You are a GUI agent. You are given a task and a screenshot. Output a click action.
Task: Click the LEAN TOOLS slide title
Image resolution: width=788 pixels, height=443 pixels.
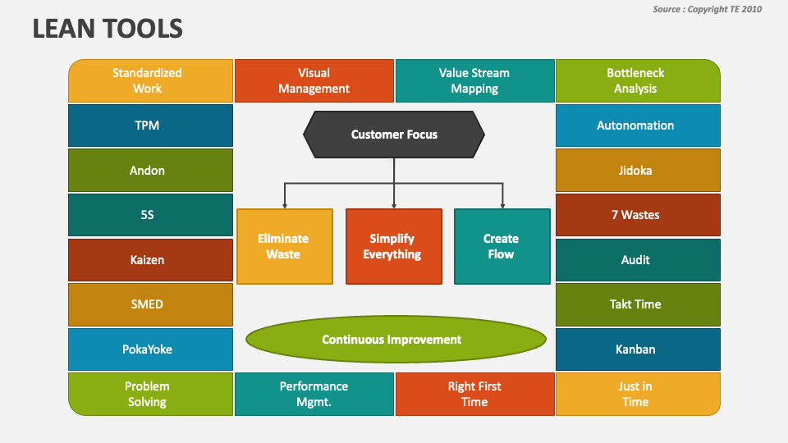108,29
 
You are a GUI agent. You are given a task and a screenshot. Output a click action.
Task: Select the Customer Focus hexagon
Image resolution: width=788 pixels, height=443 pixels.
394,135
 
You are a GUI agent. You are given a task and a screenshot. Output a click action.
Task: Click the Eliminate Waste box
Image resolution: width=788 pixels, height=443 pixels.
284,247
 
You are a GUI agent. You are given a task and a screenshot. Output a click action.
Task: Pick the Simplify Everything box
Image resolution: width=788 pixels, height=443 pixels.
393,247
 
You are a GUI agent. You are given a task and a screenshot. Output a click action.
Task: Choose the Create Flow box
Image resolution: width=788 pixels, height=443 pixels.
502,247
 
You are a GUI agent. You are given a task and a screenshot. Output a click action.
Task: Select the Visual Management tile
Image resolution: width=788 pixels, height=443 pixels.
314,80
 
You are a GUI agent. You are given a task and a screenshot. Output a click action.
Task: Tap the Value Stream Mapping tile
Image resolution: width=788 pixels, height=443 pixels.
474,80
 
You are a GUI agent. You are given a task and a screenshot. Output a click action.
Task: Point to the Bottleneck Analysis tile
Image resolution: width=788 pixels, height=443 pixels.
637,80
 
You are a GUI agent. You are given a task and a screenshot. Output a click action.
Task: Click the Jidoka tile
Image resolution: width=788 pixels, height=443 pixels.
637,171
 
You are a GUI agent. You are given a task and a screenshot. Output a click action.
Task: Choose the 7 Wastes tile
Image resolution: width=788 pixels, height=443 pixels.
637,215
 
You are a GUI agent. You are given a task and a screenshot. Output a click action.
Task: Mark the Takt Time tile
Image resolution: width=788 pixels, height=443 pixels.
637,304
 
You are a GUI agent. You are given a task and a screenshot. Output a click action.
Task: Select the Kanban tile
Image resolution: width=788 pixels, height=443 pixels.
637,349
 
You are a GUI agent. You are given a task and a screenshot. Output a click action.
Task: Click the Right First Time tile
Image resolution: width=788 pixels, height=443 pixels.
474,394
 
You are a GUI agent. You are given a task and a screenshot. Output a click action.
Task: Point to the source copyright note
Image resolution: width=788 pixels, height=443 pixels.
707,9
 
